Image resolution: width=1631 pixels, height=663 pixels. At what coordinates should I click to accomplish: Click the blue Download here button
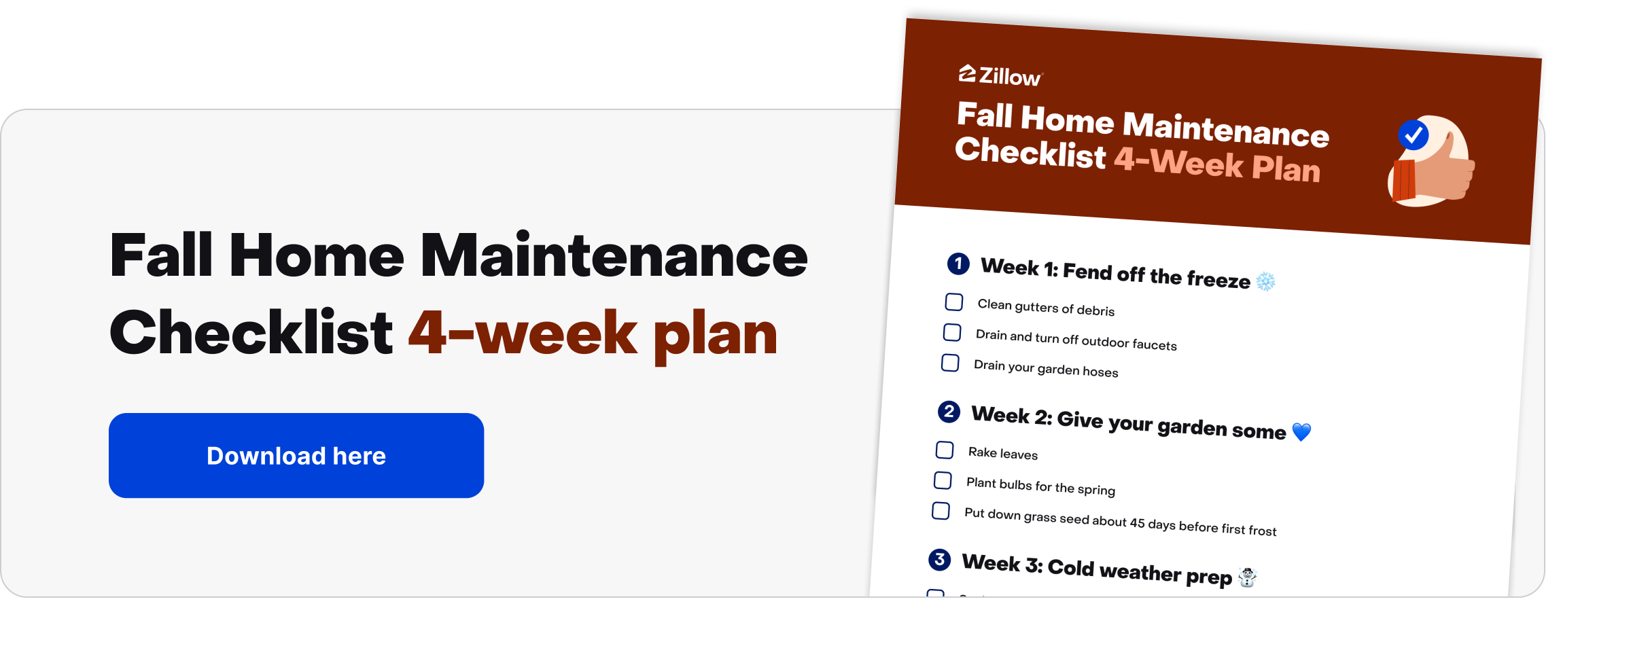click(x=296, y=455)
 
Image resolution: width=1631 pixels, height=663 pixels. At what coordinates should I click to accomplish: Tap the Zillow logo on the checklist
click(x=1000, y=75)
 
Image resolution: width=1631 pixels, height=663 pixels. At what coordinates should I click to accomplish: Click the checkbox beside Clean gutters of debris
click(x=954, y=302)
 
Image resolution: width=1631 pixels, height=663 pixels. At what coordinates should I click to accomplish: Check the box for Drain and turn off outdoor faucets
click(x=952, y=332)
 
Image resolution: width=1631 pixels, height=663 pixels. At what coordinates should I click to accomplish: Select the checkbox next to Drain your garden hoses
click(x=950, y=363)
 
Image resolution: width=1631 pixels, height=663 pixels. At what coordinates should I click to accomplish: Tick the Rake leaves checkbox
click(x=945, y=450)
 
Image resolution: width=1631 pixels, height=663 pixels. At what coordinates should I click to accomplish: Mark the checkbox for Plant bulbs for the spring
click(x=943, y=480)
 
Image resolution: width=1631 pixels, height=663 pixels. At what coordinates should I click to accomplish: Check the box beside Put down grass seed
click(x=941, y=511)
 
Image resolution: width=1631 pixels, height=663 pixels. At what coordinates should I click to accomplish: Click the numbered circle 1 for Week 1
click(x=958, y=264)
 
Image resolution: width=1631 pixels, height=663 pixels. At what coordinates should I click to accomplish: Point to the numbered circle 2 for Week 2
click(x=949, y=412)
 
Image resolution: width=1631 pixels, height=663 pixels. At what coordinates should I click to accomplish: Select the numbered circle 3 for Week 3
click(x=939, y=560)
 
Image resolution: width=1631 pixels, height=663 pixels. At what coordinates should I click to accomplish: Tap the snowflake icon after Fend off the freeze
click(x=1265, y=281)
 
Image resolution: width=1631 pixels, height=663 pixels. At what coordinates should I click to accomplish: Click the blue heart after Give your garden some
click(x=1301, y=431)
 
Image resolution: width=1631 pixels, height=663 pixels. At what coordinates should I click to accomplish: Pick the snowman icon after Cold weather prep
click(x=1248, y=577)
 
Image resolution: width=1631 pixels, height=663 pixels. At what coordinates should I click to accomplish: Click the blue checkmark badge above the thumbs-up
click(x=1414, y=135)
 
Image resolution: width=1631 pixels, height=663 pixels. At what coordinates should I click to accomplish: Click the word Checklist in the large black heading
click(x=251, y=333)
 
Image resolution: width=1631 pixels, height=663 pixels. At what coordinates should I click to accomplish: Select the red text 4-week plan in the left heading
click(x=593, y=334)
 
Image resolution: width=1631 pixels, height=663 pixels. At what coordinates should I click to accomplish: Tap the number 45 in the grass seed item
click(x=1137, y=522)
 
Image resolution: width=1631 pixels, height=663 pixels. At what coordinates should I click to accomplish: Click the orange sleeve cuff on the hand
click(x=1403, y=180)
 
